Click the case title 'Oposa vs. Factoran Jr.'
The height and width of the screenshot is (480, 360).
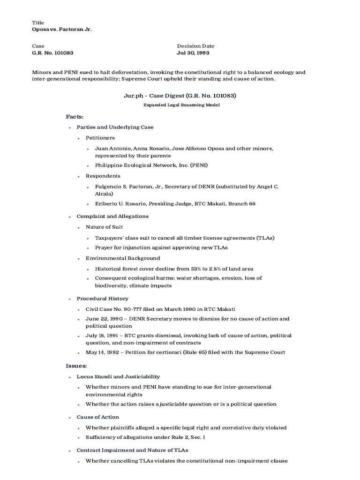(x=61, y=29)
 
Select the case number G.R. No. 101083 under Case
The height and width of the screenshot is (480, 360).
(x=52, y=53)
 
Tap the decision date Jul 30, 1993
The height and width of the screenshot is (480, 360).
(x=193, y=53)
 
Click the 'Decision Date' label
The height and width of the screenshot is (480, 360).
(x=195, y=46)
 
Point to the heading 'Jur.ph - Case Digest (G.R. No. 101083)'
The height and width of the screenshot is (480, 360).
(x=180, y=96)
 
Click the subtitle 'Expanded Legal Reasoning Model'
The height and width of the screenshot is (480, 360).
(x=181, y=105)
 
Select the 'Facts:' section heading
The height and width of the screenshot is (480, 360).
(x=75, y=116)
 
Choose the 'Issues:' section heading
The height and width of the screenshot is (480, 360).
(x=76, y=365)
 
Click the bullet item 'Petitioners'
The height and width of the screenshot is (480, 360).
(x=100, y=138)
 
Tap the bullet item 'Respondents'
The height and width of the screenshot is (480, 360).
(x=103, y=176)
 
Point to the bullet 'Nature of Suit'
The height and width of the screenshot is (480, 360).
(x=104, y=227)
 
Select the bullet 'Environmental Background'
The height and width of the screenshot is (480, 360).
(x=122, y=258)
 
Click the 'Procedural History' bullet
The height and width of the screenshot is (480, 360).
(x=102, y=298)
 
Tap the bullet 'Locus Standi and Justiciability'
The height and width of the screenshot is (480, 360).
(x=118, y=376)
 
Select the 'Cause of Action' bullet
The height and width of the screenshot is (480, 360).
(x=97, y=417)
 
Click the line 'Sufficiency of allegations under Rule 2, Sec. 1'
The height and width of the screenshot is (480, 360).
(x=145, y=437)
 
